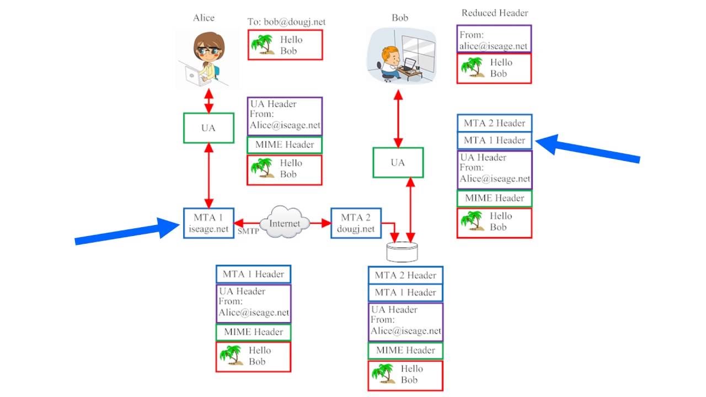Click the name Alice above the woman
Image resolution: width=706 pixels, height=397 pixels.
click(203, 18)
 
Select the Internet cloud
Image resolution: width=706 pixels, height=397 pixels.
click(285, 222)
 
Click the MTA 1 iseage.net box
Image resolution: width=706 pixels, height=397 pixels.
click(208, 223)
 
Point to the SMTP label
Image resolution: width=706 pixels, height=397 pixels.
click(248, 232)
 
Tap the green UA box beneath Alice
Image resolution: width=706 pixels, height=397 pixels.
click(208, 128)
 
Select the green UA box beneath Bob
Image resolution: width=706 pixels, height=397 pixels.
click(398, 162)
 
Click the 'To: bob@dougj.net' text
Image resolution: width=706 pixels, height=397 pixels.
click(286, 22)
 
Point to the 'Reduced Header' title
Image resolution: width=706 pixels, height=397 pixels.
click(494, 13)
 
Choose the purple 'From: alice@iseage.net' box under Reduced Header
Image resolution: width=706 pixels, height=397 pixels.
click(494, 39)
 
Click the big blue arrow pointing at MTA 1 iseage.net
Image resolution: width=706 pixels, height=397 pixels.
click(127, 231)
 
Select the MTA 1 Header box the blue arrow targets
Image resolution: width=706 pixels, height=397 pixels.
click(494, 140)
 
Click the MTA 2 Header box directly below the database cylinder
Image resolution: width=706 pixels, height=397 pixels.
click(405, 275)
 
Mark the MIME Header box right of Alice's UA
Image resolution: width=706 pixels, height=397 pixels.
click(285, 144)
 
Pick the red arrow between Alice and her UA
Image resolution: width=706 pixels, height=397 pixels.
click(208, 101)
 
